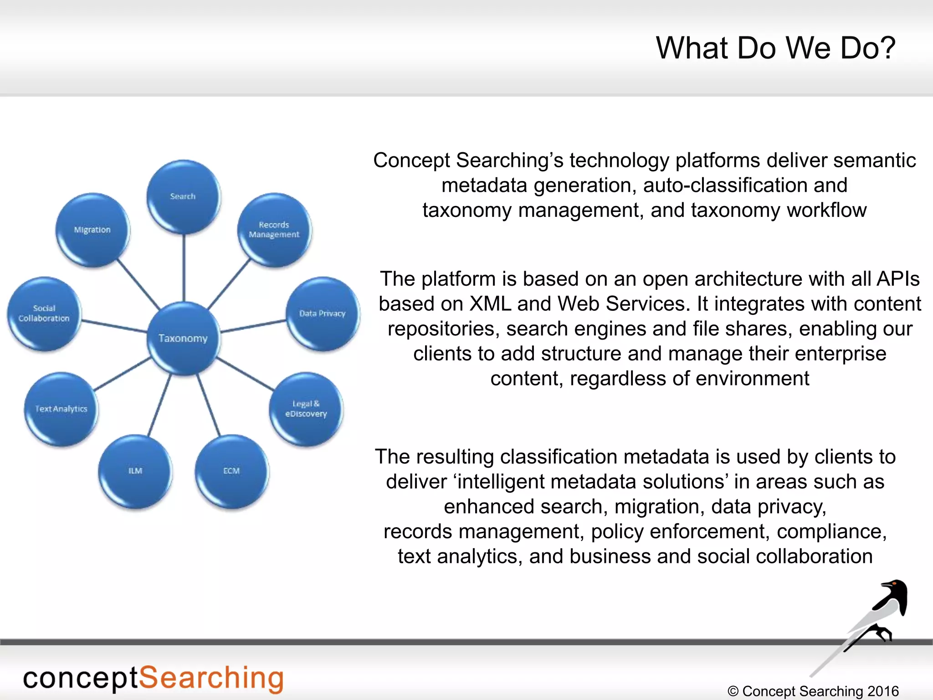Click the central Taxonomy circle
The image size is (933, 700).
click(x=183, y=338)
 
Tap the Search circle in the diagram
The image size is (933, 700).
click(x=183, y=196)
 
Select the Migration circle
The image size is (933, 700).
click(x=92, y=230)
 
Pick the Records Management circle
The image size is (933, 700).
click(x=274, y=230)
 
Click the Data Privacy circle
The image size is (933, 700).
click(x=323, y=314)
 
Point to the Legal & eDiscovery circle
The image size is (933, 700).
click(x=306, y=409)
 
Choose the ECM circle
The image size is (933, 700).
click(x=231, y=471)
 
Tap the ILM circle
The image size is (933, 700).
click(x=135, y=471)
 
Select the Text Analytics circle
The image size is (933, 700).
click(x=61, y=409)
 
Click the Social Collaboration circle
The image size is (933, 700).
click(x=44, y=314)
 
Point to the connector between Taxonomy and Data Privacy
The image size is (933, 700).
click(x=253, y=326)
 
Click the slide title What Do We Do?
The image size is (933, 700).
click(x=775, y=48)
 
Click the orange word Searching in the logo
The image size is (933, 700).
click(x=211, y=678)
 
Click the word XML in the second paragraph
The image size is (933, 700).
click(x=490, y=304)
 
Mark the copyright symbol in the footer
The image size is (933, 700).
click(x=733, y=691)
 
